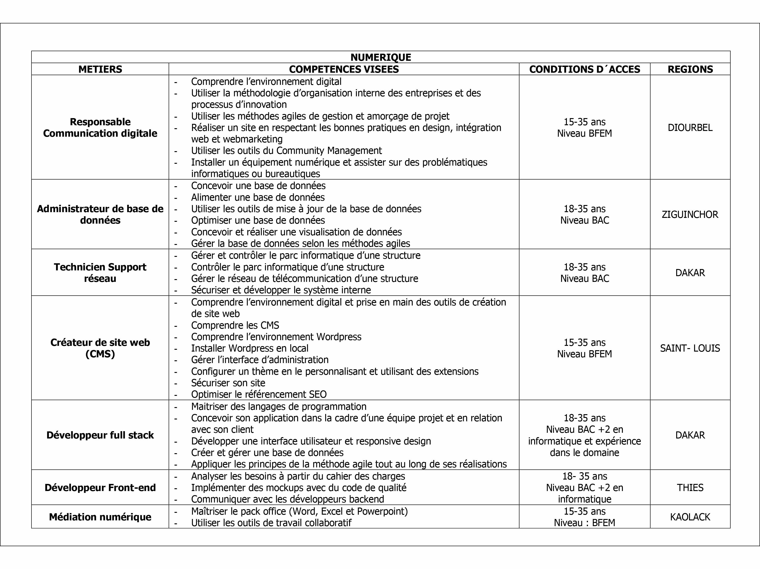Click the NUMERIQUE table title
tap(381, 57)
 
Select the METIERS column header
tap(100, 69)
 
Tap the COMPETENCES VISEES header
tap(344, 69)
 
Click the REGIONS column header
tap(690, 69)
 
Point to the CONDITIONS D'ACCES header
tap(585, 69)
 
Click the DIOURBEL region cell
tap(690, 128)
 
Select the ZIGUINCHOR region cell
tap(690, 214)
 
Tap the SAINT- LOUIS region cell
tap(690, 348)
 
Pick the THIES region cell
tap(690, 488)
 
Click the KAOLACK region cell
tap(690, 517)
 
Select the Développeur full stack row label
tap(100, 435)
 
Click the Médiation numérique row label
tap(100, 517)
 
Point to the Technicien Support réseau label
tap(100, 273)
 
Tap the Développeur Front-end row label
tap(100, 488)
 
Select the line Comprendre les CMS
tap(235, 325)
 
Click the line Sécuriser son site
tap(228, 383)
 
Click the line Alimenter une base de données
tap(258, 197)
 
